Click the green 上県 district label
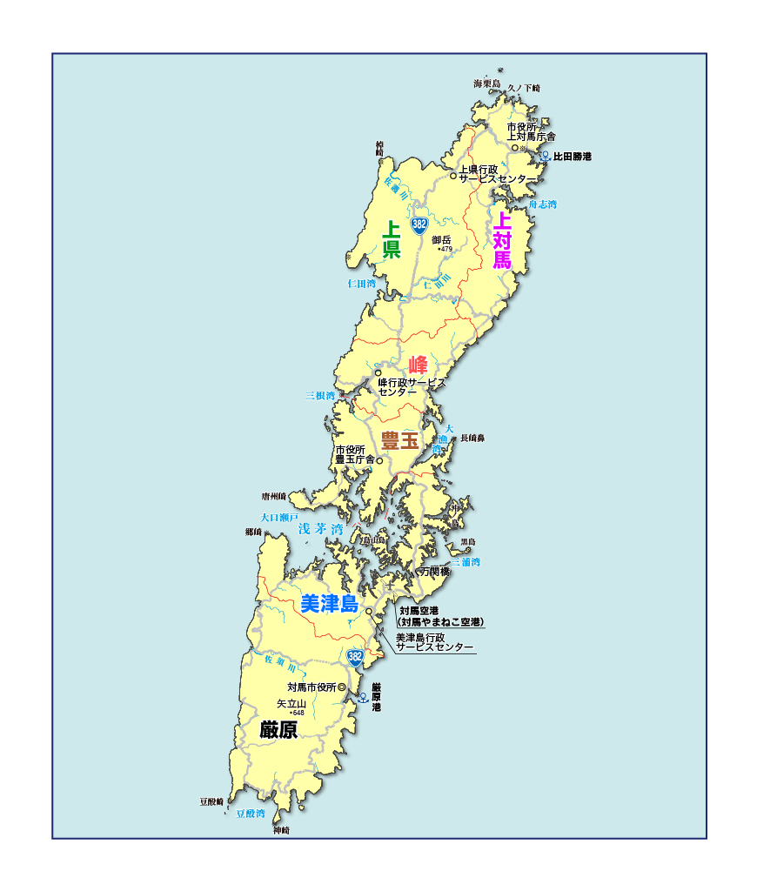tap(392, 241)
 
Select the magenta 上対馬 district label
tap(502, 239)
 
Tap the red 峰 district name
tap(418, 365)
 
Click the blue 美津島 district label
tap(329, 604)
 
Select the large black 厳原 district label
tap(278, 730)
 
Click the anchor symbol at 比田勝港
tap(545, 157)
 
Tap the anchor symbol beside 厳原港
tap(364, 697)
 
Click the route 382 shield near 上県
tap(419, 224)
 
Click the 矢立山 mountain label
tap(291, 703)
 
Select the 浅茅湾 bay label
tap(320, 529)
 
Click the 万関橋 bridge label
tap(435, 573)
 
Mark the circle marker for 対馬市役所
tap(341, 687)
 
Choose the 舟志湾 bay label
tap(543, 204)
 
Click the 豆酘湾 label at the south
tap(251, 814)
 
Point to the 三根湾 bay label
tap(319, 395)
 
